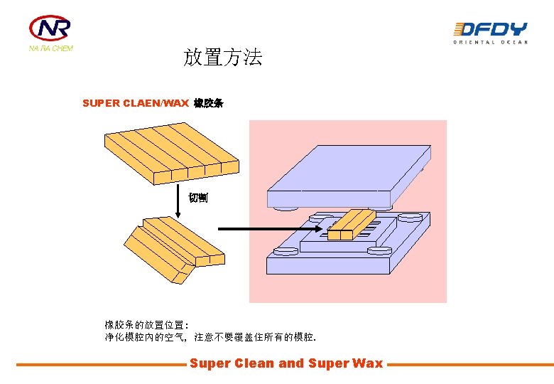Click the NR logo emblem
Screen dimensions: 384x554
(50, 28)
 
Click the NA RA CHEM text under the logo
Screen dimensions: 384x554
(50, 48)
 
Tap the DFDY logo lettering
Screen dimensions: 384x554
(490, 29)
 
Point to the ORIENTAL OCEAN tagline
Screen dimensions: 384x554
(490, 43)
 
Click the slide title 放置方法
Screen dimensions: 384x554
(223, 58)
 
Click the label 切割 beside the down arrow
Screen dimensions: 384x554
(198, 198)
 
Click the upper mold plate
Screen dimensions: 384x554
(347, 178)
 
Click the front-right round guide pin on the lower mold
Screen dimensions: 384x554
(377, 250)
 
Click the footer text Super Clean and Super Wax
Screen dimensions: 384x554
(286, 363)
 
